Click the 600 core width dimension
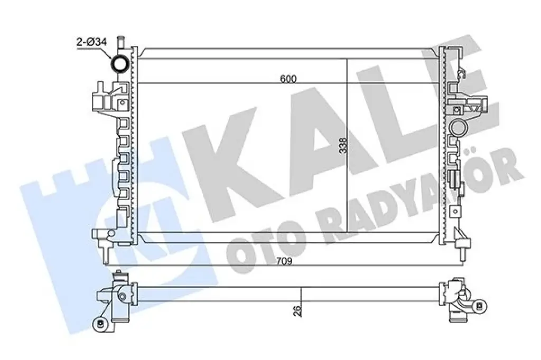tap(288, 79)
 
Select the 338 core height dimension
tap(343, 146)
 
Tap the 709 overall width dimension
tap(284, 261)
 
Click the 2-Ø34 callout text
tap(92, 42)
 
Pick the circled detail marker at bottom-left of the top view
tap(100, 324)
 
